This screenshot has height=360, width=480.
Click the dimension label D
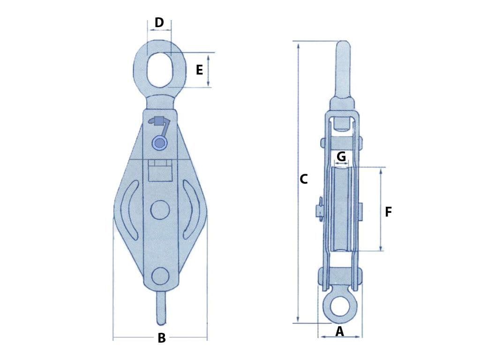(159, 22)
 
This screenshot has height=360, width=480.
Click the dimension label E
(199, 70)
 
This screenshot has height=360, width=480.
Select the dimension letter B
(161, 338)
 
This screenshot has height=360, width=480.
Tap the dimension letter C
(304, 179)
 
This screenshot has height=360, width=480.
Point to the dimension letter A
(340, 332)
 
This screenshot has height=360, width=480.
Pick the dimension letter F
(388, 212)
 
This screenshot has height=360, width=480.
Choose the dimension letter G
(341, 157)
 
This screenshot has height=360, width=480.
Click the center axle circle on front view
(160, 210)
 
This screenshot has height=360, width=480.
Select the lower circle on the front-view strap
(160, 276)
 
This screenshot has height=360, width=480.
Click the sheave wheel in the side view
(341, 209)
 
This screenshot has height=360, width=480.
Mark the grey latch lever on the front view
(161, 123)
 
